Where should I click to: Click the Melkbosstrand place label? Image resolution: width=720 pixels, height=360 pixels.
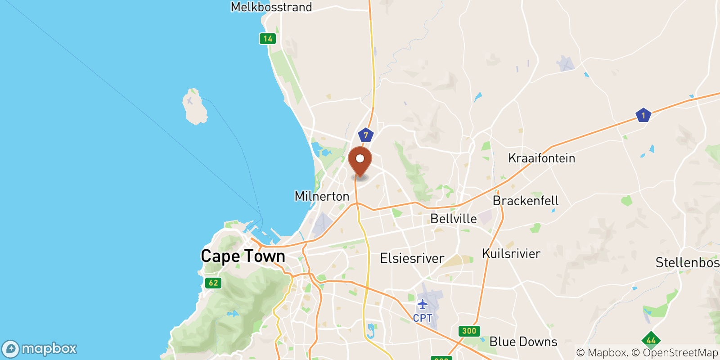(x=271, y=7)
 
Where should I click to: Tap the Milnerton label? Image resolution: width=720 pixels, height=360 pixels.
(x=322, y=196)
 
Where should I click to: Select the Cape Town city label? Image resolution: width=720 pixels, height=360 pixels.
(x=243, y=256)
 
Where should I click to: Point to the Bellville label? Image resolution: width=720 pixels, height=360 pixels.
(x=453, y=219)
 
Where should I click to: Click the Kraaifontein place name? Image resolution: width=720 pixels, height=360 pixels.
(x=541, y=158)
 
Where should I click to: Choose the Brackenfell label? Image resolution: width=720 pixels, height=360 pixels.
(x=525, y=201)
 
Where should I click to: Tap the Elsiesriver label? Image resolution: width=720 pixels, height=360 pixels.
(x=412, y=258)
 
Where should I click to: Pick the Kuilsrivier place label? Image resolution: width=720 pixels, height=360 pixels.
(x=511, y=254)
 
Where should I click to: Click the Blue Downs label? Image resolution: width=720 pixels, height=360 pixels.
(x=523, y=342)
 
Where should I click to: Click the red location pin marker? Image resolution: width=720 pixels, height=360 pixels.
(x=360, y=160)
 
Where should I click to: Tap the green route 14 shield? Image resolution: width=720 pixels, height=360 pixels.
(x=268, y=39)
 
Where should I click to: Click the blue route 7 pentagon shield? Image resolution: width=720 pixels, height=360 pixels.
(x=365, y=135)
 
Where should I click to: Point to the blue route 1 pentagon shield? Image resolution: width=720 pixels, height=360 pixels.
(x=643, y=116)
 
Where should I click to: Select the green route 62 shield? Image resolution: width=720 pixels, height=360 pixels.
(x=213, y=283)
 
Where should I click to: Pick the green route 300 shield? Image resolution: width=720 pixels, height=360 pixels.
(x=469, y=331)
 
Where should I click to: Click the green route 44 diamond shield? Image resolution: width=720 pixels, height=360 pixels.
(x=651, y=340)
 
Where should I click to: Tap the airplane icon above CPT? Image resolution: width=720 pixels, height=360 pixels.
(x=422, y=305)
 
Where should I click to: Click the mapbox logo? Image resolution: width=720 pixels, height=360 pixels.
(x=39, y=349)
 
